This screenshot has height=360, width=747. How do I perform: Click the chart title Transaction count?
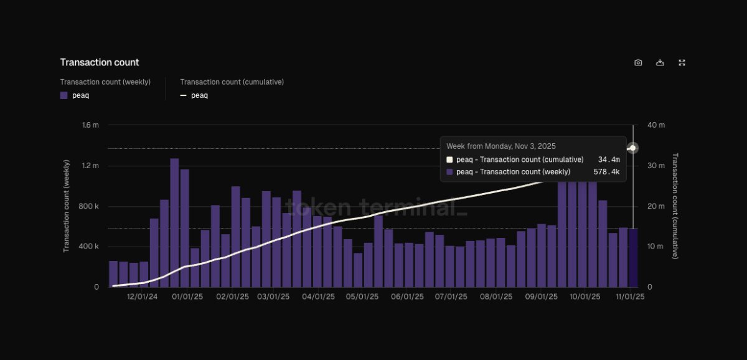point(99,62)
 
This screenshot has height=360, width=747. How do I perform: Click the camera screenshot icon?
point(638,62)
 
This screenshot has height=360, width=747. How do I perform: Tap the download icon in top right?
point(660,62)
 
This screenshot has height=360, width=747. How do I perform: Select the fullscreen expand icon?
point(682,62)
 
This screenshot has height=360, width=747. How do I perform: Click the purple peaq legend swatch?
point(63,95)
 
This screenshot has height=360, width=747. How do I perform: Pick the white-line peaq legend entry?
point(194,95)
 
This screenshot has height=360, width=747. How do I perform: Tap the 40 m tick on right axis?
point(656,125)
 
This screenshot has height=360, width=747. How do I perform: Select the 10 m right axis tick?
point(656,247)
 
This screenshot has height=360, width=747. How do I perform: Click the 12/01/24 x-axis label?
point(142,297)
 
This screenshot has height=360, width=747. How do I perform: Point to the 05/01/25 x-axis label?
point(362,297)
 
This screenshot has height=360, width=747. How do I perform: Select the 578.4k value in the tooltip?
point(606,172)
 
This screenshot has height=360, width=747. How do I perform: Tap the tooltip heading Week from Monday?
point(500,146)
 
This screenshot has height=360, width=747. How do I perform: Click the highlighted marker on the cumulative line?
point(633,148)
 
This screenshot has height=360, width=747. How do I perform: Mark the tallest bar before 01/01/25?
point(174,222)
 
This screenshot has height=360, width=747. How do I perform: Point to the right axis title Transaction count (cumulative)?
point(675,206)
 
